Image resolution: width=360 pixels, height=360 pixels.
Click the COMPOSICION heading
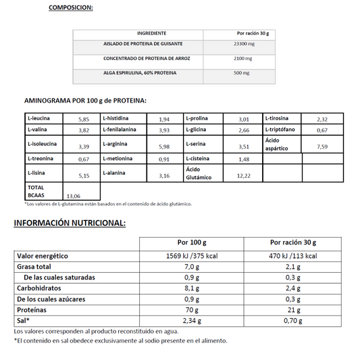[x=71, y=8]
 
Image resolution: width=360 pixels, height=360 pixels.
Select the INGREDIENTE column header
[x=151, y=33]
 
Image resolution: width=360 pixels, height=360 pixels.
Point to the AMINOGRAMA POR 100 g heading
[x=85, y=101]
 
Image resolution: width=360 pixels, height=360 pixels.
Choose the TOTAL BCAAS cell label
[x=36, y=190]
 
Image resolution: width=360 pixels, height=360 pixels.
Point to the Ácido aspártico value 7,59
[x=322, y=147]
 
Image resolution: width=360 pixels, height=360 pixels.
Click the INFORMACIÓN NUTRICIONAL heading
[x=70, y=223]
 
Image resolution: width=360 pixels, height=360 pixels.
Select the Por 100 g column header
[x=192, y=242]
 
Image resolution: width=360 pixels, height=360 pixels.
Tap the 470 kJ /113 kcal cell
[x=293, y=256]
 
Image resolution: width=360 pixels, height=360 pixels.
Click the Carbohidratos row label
[x=43, y=288]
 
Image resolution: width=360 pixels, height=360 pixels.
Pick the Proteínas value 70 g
[x=191, y=310]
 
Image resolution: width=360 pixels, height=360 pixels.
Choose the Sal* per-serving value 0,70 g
[x=293, y=321]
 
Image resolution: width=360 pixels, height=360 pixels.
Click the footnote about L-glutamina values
[x=108, y=203]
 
